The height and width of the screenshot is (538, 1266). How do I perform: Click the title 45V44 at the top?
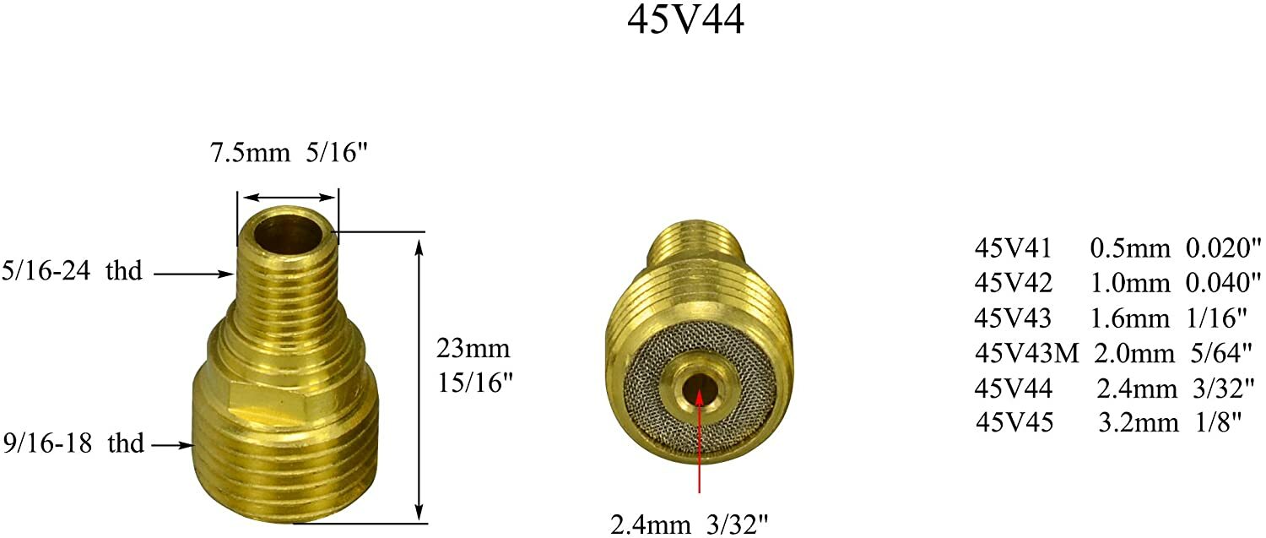(x=685, y=20)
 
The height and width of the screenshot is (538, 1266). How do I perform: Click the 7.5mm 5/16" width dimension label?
(x=288, y=155)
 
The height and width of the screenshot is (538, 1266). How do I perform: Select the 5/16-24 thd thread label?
(x=73, y=273)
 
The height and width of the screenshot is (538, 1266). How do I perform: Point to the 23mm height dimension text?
(x=473, y=349)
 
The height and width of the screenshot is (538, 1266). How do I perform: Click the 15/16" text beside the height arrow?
(x=475, y=382)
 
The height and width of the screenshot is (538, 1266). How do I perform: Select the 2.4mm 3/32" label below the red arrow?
(x=690, y=524)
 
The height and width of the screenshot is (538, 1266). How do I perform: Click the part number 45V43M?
(x=1026, y=353)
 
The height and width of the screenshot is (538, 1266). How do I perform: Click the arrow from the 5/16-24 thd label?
(x=194, y=273)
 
